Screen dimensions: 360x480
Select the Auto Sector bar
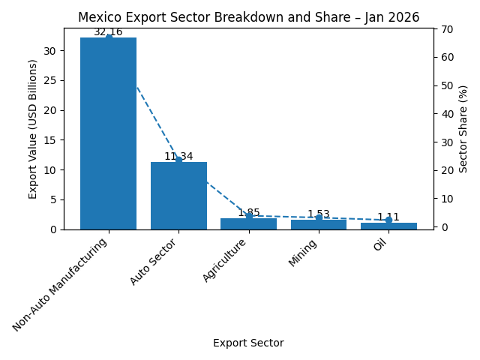pyautogui.click(x=178, y=196)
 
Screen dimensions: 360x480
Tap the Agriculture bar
pyautogui.click(x=248, y=223)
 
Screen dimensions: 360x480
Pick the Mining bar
pyautogui.click(x=319, y=224)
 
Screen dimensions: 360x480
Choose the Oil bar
pyautogui.click(x=388, y=226)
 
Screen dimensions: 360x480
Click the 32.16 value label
pyautogui.click(x=108, y=32)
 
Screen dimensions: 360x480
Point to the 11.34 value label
pyautogui.click(x=178, y=157)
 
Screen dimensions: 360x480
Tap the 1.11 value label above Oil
pyautogui.click(x=388, y=217)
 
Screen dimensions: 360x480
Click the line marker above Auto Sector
pyautogui.click(x=178, y=160)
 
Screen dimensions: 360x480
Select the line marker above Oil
pyautogui.click(x=388, y=220)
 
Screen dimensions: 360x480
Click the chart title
pyautogui.click(x=248, y=17)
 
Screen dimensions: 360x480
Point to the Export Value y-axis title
pyautogui.click(x=33, y=129)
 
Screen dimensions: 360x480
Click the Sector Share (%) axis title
pyautogui.click(x=463, y=129)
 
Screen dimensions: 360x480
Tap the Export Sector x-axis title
pyautogui.click(x=248, y=343)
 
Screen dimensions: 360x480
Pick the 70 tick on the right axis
pyautogui.click(x=446, y=28)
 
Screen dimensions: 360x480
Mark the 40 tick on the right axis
pyautogui.click(x=446, y=114)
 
